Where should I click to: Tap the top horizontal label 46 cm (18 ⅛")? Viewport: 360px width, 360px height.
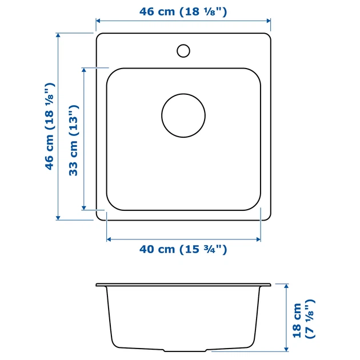click(x=183, y=11)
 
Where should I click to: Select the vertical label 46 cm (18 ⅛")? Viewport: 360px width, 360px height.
click(x=50, y=126)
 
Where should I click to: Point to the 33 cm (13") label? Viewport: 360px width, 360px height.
click(x=74, y=140)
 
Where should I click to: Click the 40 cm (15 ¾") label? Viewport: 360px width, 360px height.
click(x=183, y=249)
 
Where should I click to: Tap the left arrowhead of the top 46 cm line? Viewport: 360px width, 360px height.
click(x=98, y=21)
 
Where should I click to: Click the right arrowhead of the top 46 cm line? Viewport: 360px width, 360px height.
click(x=269, y=21)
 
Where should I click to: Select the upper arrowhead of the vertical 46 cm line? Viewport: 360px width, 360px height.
click(x=58, y=35)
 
